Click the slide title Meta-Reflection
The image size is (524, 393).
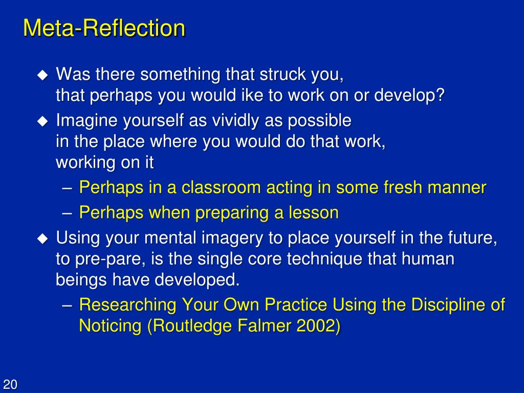click(104, 28)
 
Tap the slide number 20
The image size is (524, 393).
click(10, 385)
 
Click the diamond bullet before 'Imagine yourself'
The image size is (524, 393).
click(42, 122)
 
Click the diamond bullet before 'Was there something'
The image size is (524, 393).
click(42, 75)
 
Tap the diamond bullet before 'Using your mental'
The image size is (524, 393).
click(42, 238)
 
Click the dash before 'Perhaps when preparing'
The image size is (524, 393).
click(69, 213)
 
